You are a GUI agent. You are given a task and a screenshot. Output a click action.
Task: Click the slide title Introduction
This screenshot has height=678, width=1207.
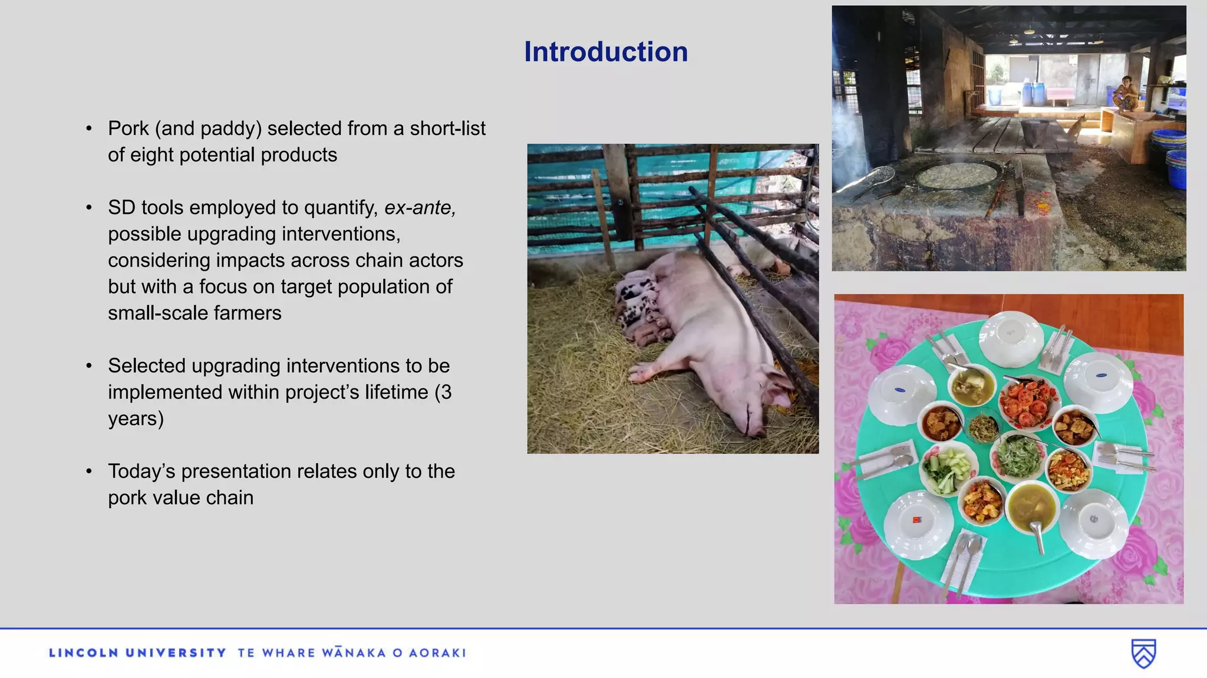[x=606, y=52]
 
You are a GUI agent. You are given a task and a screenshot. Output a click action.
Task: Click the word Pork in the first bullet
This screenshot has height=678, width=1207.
[x=128, y=129]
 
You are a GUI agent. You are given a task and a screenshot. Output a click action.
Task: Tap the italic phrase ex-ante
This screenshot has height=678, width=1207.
[x=420, y=208]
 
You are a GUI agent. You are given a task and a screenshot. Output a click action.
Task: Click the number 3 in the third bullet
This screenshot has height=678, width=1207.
[x=446, y=392]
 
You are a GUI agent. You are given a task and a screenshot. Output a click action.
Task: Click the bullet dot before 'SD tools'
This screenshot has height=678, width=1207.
[x=89, y=208]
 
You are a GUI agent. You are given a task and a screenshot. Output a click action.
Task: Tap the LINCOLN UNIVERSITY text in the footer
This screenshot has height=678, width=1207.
[x=138, y=653]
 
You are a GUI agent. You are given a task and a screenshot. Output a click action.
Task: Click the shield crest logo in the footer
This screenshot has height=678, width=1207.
[x=1143, y=653]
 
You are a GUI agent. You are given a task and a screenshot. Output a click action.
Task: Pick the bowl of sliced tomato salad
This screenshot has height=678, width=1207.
[x=1028, y=400]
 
